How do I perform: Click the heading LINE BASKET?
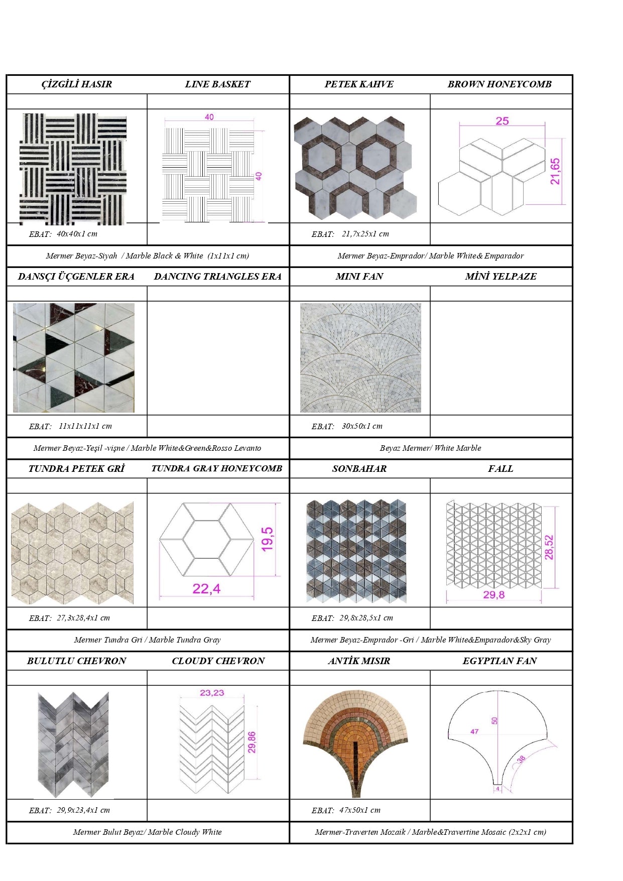click(217, 84)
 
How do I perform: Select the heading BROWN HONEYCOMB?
click(500, 84)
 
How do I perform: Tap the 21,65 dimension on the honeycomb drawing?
click(555, 171)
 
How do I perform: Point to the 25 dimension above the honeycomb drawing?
click(502, 121)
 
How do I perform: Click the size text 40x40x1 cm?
click(77, 233)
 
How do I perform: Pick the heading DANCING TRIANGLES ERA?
click(217, 277)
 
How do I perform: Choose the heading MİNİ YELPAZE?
click(501, 277)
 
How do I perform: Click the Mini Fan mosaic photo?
click(360, 358)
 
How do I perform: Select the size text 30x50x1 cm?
click(362, 426)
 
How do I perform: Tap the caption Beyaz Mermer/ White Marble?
click(430, 448)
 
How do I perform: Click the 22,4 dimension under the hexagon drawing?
click(206, 588)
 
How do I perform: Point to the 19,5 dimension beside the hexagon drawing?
click(268, 539)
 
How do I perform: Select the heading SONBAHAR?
click(359, 469)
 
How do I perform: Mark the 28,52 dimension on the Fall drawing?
click(549, 547)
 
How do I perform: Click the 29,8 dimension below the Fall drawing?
click(493, 595)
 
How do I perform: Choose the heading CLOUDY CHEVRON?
click(218, 661)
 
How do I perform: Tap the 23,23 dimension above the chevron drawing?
click(212, 693)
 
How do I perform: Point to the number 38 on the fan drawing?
click(521, 759)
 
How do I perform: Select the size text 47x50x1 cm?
click(359, 810)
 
